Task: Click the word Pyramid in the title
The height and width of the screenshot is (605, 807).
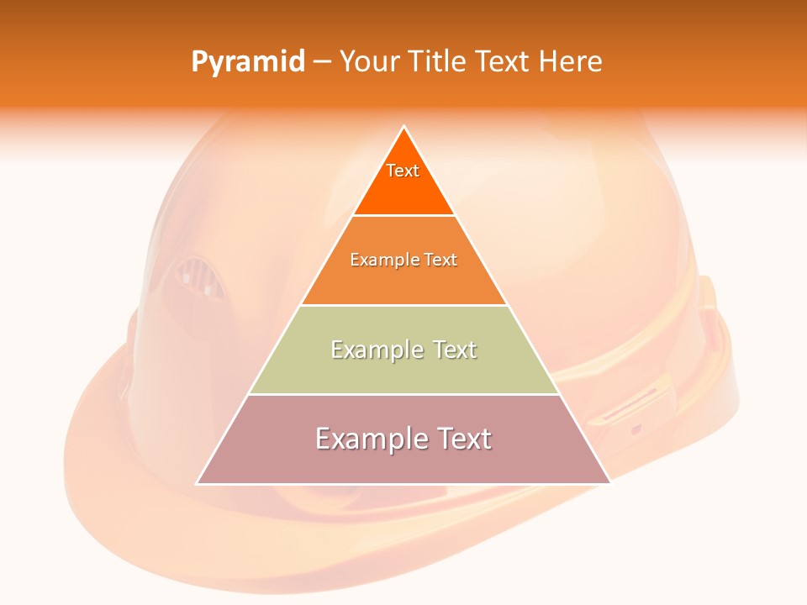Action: tap(248, 62)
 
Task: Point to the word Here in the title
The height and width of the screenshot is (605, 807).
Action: tap(570, 62)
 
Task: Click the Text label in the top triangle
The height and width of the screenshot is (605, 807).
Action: tap(403, 171)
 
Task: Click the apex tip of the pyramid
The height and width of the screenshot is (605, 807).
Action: tap(403, 127)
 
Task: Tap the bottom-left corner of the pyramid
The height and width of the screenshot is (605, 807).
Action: tap(197, 483)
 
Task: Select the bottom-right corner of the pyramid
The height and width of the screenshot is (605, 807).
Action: tap(609, 483)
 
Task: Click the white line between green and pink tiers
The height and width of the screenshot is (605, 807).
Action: tap(403, 394)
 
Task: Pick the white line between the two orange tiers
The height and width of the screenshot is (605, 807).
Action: tap(403, 215)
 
